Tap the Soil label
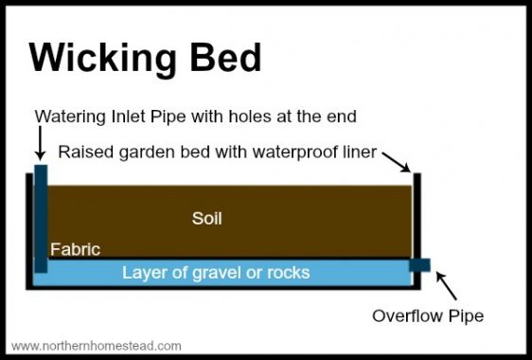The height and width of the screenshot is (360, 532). tap(206, 218)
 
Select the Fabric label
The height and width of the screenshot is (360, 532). tap(75, 250)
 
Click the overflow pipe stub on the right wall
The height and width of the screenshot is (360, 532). tap(419, 265)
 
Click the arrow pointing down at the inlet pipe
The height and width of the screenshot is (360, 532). tap(40, 144)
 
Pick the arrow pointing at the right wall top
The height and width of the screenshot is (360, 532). tap(405, 164)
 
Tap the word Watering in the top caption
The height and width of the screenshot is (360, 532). tap(69, 117)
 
